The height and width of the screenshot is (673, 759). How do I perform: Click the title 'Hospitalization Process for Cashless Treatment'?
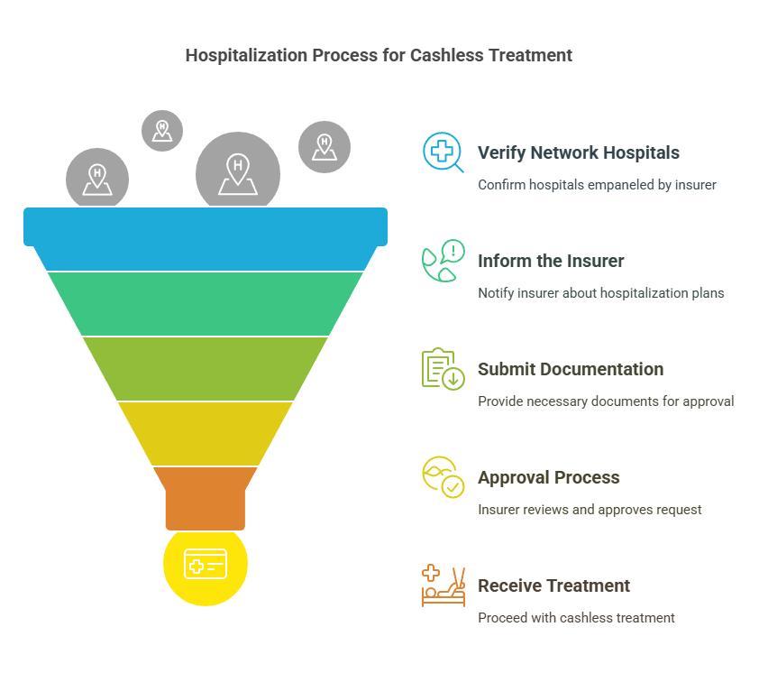coord(379,55)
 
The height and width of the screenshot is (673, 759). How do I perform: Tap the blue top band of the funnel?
coord(206,238)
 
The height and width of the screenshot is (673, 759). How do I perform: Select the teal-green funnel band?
coord(206,304)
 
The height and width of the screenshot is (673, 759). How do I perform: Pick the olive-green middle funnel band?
coord(206,369)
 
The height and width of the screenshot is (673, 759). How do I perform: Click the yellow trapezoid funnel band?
coord(206,434)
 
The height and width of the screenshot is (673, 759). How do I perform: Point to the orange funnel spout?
coord(206,499)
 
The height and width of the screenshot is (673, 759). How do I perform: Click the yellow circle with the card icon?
coord(206,566)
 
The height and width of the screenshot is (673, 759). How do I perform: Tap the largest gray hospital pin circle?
coord(238,170)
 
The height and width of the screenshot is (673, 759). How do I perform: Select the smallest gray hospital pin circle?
coord(162,131)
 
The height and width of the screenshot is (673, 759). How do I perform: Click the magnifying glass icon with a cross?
coord(443,152)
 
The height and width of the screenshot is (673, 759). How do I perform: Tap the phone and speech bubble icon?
coord(443,261)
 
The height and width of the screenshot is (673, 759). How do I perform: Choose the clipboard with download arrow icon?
coord(443,369)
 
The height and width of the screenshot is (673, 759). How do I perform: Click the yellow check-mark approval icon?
coord(443,477)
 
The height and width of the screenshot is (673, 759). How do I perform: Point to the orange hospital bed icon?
coord(443,586)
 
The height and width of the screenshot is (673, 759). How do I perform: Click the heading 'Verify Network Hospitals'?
coord(579,152)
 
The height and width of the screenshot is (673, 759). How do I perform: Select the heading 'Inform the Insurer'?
coord(551,261)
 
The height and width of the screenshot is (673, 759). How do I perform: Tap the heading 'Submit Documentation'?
coord(571,369)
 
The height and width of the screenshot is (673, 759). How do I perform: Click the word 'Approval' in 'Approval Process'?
coord(514,478)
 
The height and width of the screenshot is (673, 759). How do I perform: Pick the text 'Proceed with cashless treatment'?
coord(576,618)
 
